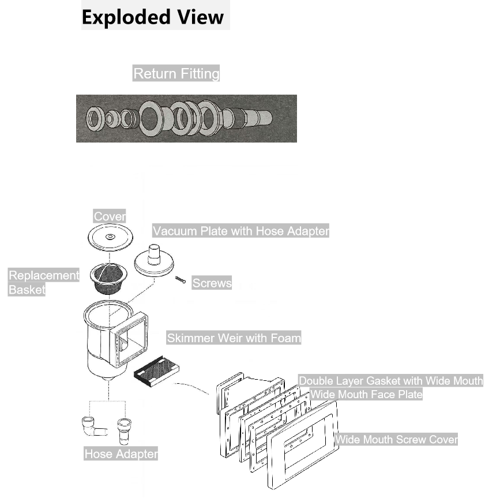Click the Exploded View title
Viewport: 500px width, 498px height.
pyautogui.click(x=153, y=16)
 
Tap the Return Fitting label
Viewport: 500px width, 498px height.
pyautogui.click(x=176, y=73)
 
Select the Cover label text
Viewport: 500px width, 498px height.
pyautogui.click(x=110, y=216)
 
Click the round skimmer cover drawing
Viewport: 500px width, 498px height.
pyautogui.click(x=110, y=237)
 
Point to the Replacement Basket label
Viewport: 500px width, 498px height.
pyautogui.click(x=43, y=282)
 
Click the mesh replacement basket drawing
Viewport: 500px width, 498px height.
pyautogui.click(x=108, y=278)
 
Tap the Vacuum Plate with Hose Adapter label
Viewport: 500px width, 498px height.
pyautogui.click(x=240, y=231)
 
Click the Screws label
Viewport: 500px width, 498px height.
pyautogui.click(x=212, y=283)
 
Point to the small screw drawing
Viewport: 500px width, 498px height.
pyautogui.click(x=180, y=280)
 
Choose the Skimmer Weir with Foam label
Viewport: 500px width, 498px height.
pyautogui.click(x=234, y=338)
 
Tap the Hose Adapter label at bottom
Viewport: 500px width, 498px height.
pyautogui.click(x=121, y=454)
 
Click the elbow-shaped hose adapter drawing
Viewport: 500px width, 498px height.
pyautogui.click(x=92, y=427)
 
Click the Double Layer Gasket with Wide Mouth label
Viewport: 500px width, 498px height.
pyautogui.click(x=390, y=381)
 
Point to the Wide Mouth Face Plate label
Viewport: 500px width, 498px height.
pyautogui.click(x=366, y=395)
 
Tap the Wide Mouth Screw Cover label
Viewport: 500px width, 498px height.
pyautogui.click(x=396, y=440)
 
